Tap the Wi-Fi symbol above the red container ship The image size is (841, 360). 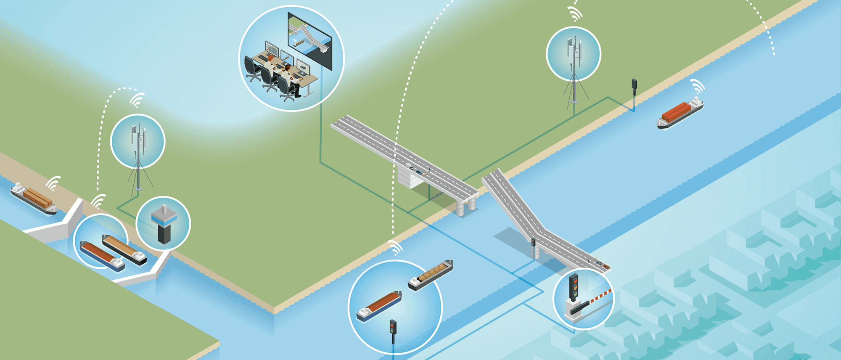698,86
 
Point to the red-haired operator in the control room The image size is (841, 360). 288,68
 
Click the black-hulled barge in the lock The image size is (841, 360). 124,250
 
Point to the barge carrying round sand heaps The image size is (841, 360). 431,275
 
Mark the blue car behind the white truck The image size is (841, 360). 419,171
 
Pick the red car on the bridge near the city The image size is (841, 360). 604,266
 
